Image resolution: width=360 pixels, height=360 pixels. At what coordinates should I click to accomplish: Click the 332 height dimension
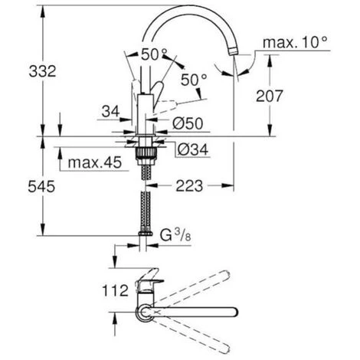(x=42, y=71)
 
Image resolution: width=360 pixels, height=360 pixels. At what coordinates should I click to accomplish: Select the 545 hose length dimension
(x=41, y=186)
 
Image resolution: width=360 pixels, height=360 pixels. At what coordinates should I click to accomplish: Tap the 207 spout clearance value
(x=270, y=96)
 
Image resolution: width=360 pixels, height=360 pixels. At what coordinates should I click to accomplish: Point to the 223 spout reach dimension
(x=189, y=186)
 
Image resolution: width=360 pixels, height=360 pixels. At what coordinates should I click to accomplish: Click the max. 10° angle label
(x=295, y=42)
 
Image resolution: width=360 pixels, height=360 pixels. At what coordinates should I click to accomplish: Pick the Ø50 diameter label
(x=188, y=123)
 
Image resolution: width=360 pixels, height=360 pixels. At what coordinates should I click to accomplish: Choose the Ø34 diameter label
(x=193, y=149)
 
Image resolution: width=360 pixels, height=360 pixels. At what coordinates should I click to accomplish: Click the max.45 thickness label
(x=95, y=162)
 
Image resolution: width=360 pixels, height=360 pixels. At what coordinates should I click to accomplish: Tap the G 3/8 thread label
(x=175, y=235)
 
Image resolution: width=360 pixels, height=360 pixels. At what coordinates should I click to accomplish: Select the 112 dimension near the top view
(x=115, y=290)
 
